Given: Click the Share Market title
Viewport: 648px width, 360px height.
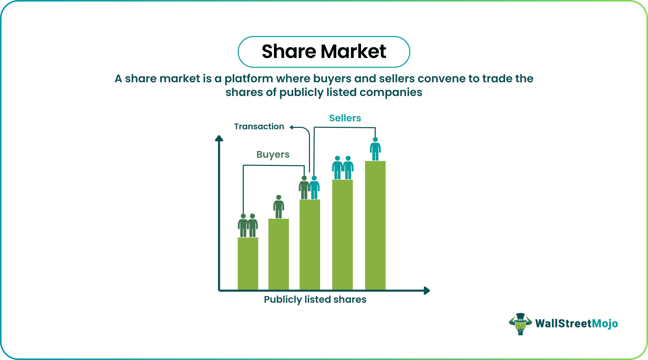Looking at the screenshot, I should point(324,52).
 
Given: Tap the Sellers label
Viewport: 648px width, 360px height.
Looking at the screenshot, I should point(345,118).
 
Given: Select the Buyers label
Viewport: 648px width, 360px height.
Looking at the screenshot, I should point(273,155).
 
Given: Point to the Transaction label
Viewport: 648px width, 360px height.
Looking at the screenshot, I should point(259,127).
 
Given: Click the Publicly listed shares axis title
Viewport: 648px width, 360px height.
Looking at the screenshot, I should point(315,299).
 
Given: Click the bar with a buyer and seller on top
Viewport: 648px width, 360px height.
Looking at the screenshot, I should point(310,244).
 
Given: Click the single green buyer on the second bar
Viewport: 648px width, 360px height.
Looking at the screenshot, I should point(279,207).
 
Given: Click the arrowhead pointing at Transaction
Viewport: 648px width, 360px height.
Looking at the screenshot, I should point(291,127).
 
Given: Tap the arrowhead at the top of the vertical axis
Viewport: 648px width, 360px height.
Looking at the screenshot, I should point(219,138).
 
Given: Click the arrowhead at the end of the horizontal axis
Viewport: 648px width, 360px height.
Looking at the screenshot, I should point(427,290).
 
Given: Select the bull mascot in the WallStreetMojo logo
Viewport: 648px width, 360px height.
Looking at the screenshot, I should point(520,324).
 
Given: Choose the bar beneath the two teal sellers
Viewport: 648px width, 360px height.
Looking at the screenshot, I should point(343,235).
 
